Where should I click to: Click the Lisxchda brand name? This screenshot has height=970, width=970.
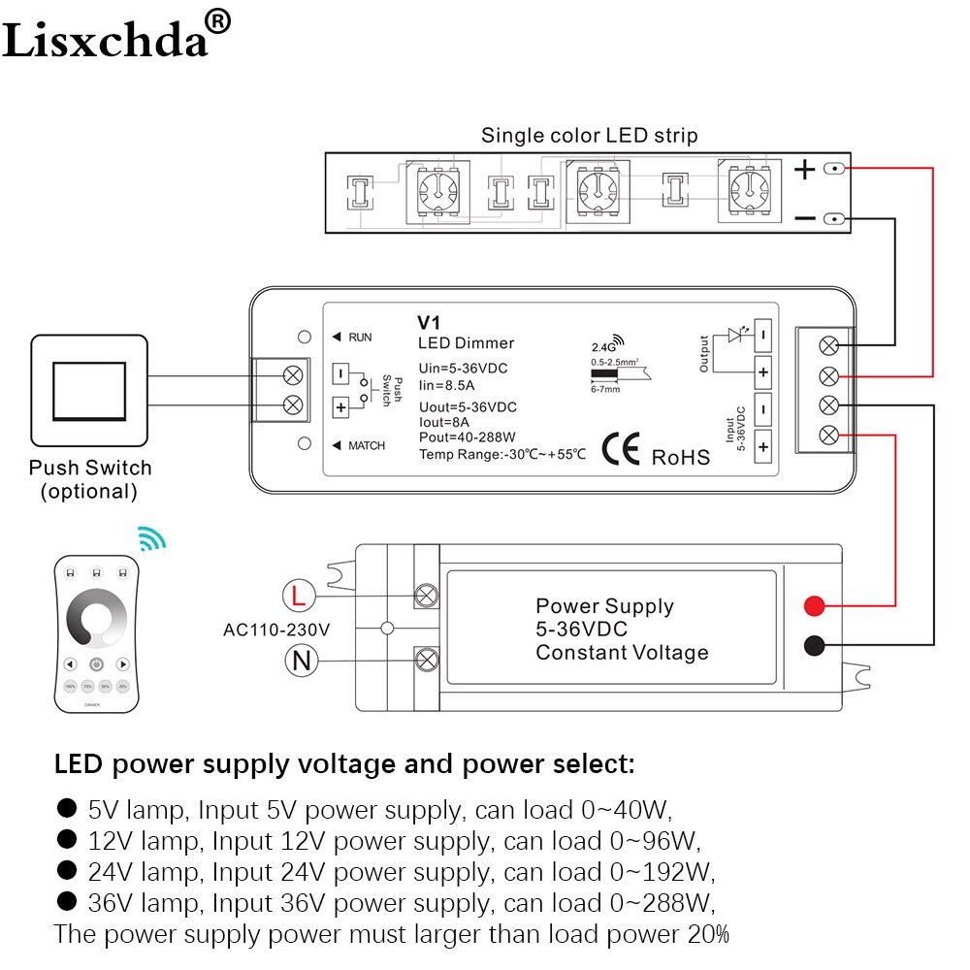(107, 39)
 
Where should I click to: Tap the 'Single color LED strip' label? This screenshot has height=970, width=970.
(589, 135)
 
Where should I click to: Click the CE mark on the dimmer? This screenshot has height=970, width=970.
(621, 449)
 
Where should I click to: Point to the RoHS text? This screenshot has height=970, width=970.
(681, 456)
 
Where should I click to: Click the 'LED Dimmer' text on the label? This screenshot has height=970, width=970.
(466, 343)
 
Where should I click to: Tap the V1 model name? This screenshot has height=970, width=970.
(429, 323)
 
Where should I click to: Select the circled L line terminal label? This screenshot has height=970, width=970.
(299, 595)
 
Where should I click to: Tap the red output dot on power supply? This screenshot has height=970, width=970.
(815, 607)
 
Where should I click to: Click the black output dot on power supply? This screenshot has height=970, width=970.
(815, 646)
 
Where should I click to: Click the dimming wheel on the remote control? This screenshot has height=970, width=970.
(97, 619)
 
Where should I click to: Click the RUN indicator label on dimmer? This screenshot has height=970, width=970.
(359, 338)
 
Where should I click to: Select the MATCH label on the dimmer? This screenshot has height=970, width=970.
(365, 445)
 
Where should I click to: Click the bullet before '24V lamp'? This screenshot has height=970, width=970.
(67, 869)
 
